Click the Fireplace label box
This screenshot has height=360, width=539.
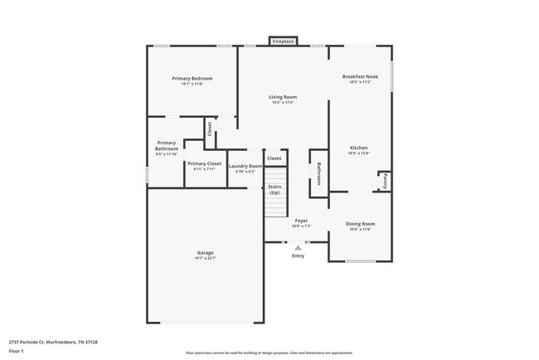point(283,41)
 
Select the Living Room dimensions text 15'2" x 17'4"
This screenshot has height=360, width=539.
point(283,103)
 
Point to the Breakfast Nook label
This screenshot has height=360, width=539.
point(360,76)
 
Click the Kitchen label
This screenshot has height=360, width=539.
point(359,148)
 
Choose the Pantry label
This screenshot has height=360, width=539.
point(385,181)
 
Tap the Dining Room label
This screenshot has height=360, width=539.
point(360,223)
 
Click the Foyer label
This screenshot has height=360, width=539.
point(301,221)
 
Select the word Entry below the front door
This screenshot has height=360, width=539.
point(298,255)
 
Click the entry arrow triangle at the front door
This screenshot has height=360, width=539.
point(298,247)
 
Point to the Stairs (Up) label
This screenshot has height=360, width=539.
point(274,190)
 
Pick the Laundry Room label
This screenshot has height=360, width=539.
point(245,166)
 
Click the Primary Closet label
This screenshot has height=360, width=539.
point(203,164)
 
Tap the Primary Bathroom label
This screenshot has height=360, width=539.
point(167,145)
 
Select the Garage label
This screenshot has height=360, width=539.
point(205,252)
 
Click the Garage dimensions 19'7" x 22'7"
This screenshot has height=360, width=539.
point(205,258)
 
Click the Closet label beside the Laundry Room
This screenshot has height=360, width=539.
point(274,158)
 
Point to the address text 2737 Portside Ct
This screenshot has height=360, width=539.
point(29,341)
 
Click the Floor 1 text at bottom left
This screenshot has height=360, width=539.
point(17,351)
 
